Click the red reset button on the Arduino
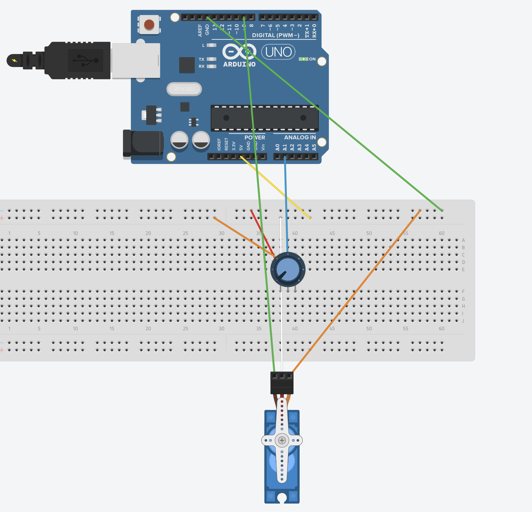(x=149, y=24)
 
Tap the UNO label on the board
(x=278, y=52)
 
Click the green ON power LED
(x=303, y=59)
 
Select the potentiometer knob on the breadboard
(x=288, y=269)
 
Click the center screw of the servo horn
(x=282, y=440)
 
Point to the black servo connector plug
(x=282, y=383)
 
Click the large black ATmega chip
(x=265, y=118)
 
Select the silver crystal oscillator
(x=184, y=89)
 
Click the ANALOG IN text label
(x=300, y=138)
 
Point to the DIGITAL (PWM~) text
(x=275, y=35)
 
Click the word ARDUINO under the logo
(x=239, y=64)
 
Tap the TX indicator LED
(x=211, y=59)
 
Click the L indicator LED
(x=211, y=45)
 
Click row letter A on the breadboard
(x=463, y=240)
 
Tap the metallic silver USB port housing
(x=136, y=60)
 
